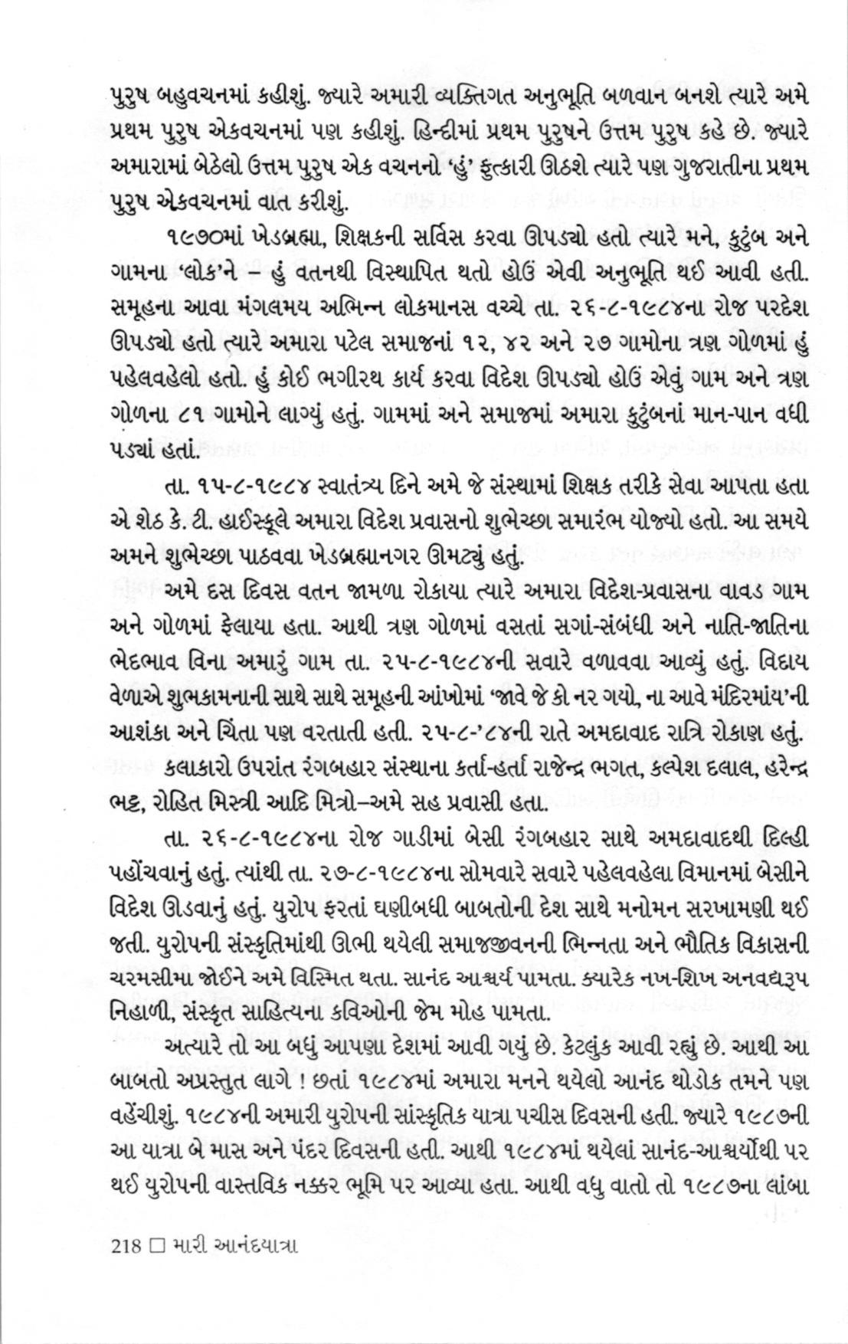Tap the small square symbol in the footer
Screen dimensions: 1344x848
[157, 1246]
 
